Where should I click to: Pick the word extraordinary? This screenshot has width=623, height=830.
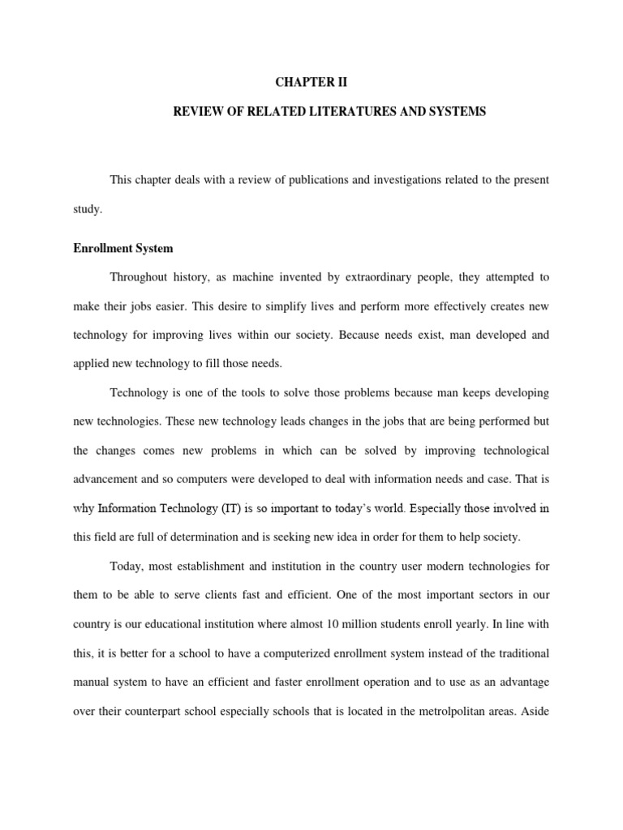point(377,277)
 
